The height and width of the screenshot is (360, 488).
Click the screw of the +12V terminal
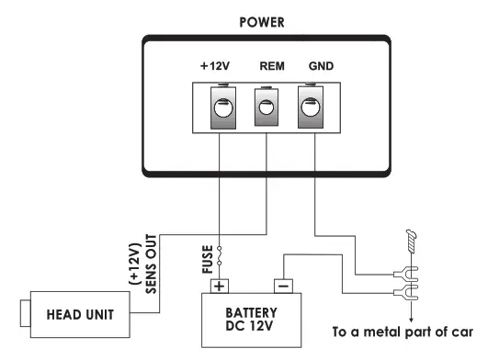pyautogui.click(x=221, y=108)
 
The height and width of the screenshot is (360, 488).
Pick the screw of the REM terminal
pyautogui.click(x=267, y=107)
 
